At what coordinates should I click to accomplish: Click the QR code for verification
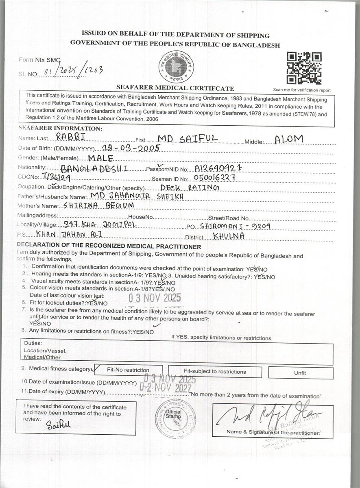pyautogui.click(x=304, y=68)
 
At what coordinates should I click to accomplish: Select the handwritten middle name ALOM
pyautogui.click(x=289, y=139)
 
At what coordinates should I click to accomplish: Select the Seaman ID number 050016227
pyautogui.click(x=215, y=178)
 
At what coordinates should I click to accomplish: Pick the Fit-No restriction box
pyautogui.click(x=128, y=370)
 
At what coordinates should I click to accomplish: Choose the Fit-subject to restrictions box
pyautogui.click(x=215, y=371)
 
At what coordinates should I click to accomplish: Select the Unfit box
pyautogui.click(x=300, y=373)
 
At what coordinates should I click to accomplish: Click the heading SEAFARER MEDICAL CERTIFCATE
pyautogui.click(x=175, y=88)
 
